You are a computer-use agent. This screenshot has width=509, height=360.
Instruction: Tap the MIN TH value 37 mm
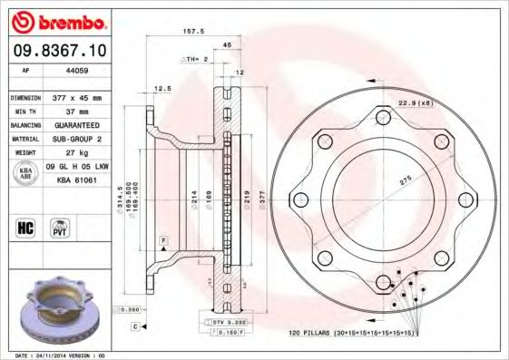click(66, 111)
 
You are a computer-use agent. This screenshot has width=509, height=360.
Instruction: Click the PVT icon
click(59, 227)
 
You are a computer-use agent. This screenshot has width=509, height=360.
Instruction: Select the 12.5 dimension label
click(162, 89)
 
